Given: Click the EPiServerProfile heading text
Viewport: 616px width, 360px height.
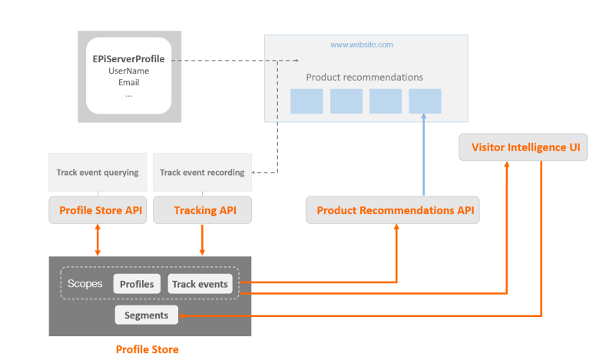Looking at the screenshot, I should click(128, 59).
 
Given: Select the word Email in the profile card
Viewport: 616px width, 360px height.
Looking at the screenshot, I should click(128, 82).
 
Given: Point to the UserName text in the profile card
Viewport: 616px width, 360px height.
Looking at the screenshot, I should click(128, 71).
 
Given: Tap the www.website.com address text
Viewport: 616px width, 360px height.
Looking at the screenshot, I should click(362, 45).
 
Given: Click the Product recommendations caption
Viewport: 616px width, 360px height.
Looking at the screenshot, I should click(364, 78).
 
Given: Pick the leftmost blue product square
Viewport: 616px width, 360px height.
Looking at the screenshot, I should click(306, 101).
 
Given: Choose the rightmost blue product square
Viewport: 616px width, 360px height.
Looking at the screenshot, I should click(425, 101).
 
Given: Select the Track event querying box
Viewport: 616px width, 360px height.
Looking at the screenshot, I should click(98, 172).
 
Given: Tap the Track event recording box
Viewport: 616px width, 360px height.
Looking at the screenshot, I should click(202, 172).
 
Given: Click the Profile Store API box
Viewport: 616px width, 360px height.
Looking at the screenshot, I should click(98, 210).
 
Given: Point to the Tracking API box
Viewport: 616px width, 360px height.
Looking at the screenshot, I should click(202, 210).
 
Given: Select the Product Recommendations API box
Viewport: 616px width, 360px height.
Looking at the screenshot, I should click(392, 210).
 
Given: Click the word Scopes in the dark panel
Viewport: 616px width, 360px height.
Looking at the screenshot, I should click(84, 283).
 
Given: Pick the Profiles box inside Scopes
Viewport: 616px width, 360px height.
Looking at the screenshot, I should click(137, 284).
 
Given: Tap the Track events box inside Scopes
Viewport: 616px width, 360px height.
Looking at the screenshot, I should click(200, 284).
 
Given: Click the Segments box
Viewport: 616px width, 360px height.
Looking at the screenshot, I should click(146, 315).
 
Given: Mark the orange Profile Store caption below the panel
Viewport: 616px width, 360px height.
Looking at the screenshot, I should click(147, 349).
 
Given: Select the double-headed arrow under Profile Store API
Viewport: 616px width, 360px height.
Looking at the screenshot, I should click(98, 239).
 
